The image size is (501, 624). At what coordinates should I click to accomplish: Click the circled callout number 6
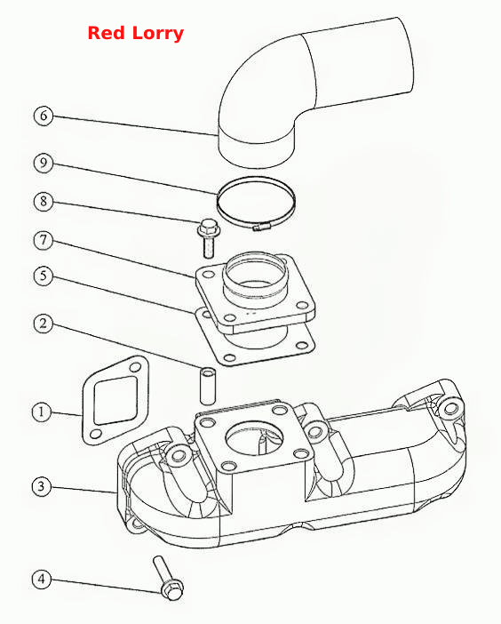[44, 116]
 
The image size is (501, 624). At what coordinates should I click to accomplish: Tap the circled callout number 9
[44, 163]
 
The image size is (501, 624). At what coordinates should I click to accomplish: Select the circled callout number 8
[44, 202]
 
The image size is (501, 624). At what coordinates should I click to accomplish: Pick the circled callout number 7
[44, 240]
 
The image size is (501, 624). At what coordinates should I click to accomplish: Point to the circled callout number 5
[44, 276]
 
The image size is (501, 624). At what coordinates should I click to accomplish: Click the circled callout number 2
[44, 324]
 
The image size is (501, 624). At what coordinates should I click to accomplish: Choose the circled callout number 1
[42, 412]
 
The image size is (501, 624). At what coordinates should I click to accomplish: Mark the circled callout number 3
[42, 486]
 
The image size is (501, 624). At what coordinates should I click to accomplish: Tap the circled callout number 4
[42, 579]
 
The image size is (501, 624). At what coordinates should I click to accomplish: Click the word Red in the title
[107, 33]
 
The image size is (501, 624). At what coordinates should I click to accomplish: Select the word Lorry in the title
[158, 34]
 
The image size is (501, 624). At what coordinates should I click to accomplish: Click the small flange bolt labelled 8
[208, 239]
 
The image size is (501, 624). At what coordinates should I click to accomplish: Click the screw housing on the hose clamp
[261, 228]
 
